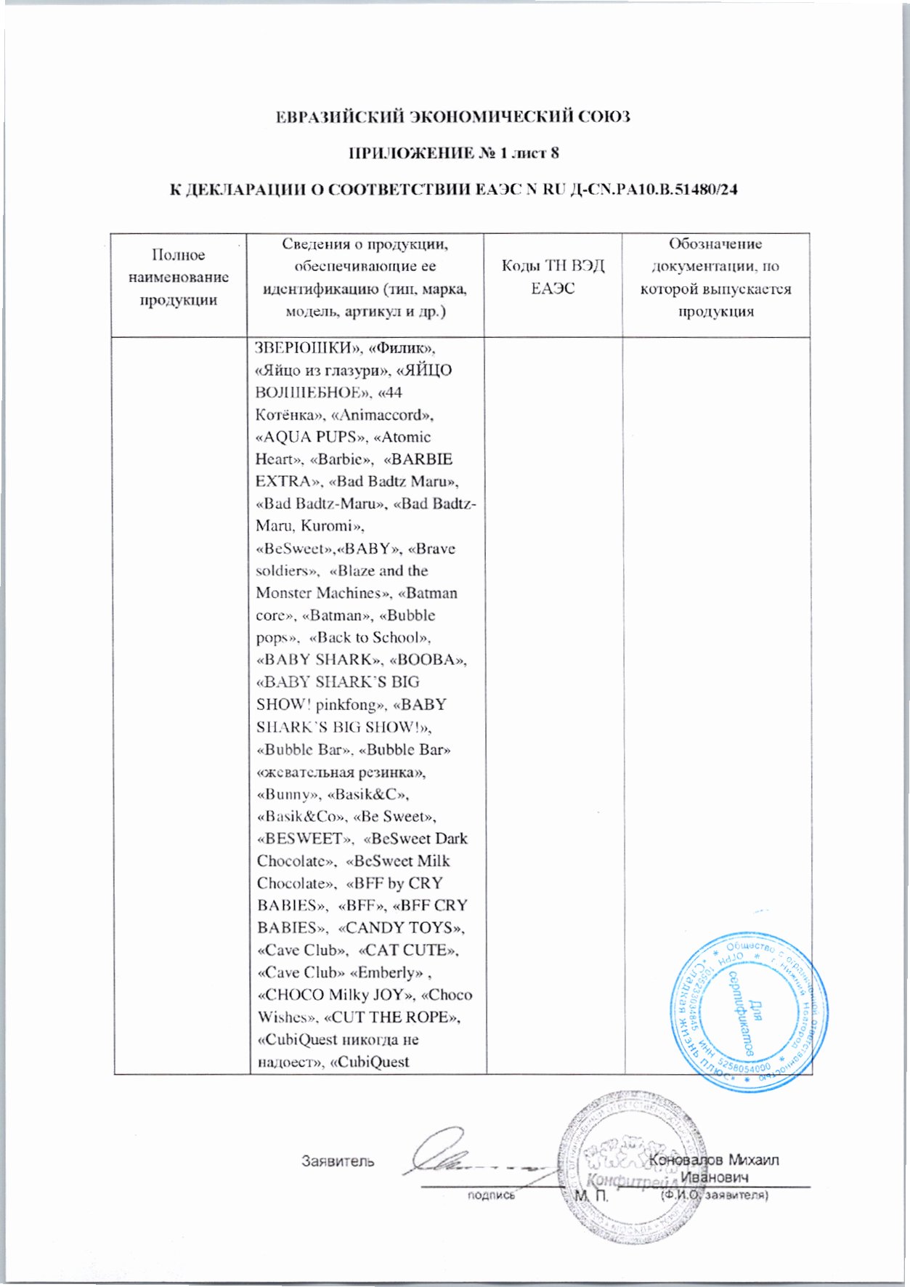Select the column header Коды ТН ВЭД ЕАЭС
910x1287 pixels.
pos(553,277)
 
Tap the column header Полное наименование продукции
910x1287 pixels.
pos(178,277)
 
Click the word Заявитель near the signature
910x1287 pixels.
pos(338,1161)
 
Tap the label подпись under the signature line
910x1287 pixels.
pos(491,1195)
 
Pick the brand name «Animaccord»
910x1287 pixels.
pos(383,415)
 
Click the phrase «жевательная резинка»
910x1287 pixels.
pos(341,772)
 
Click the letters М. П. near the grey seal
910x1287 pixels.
pos(590,1195)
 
